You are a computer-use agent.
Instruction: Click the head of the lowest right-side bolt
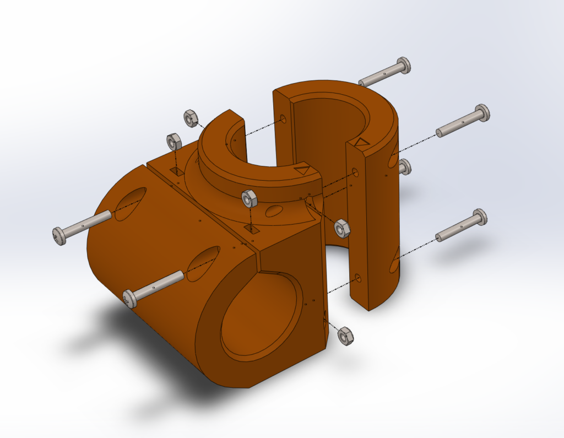coord(479,217)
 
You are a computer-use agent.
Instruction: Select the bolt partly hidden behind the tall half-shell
coord(405,166)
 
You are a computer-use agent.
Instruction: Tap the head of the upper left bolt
coord(59,236)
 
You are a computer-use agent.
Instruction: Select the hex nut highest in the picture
coord(191,117)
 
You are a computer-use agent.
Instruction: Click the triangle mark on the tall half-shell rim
coord(361,143)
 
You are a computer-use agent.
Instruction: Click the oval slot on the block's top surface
coord(273,210)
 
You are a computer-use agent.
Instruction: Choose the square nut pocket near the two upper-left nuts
coord(177,171)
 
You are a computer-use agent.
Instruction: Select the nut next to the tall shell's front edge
coord(342,228)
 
